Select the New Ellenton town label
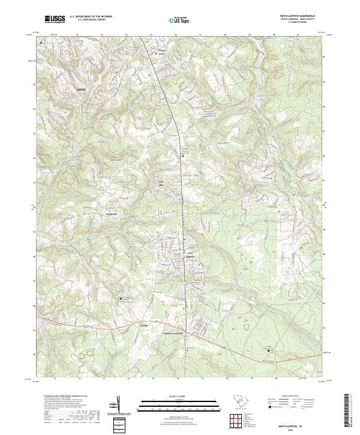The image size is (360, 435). click(191, 254)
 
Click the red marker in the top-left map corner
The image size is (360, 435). click(41, 43)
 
